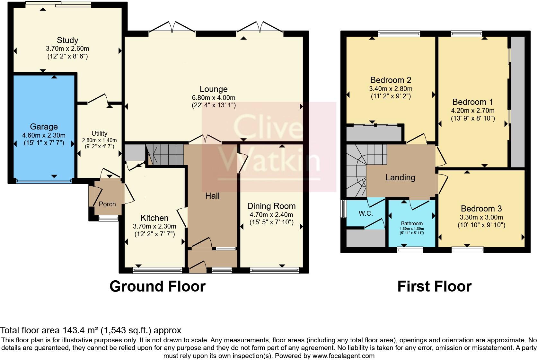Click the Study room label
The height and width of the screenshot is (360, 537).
67,40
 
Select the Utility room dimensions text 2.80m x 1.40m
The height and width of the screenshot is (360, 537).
99,140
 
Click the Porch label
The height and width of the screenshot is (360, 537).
107,204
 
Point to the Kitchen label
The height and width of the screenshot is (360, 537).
154,218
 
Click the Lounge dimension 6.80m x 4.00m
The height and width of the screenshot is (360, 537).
213,97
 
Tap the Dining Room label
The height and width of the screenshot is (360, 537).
271,206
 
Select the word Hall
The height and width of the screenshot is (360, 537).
212,196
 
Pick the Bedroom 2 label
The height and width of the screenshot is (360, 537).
391,80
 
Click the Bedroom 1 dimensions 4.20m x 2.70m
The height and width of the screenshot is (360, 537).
472,111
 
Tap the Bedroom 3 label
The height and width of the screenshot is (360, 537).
481,209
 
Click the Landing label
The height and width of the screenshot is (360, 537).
400,177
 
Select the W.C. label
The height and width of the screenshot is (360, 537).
365,213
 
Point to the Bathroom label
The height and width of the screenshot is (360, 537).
412,223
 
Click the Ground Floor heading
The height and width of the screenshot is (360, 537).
157,286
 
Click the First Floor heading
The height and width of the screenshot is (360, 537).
434,286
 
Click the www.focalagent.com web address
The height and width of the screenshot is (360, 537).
343,356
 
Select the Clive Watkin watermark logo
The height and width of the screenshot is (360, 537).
269,147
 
